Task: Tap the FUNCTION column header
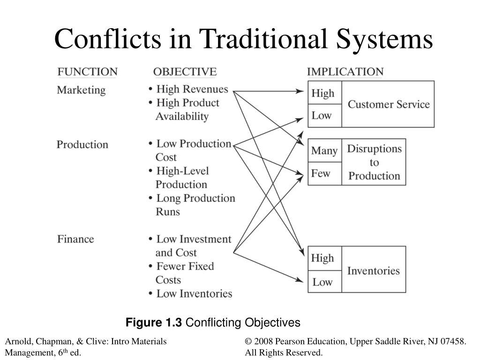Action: click(x=87, y=72)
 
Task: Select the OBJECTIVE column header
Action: click(x=185, y=72)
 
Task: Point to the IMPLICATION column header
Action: click(x=345, y=72)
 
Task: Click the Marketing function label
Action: click(x=81, y=90)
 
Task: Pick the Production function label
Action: click(x=82, y=144)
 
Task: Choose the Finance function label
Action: click(x=75, y=239)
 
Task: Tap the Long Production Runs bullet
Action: click(x=195, y=205)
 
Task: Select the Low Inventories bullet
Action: click(x=194, y=294)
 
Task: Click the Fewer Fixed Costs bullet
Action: click(x=185, y=273)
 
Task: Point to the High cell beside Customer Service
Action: click(x=322, y=93)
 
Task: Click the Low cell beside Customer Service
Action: click(x=322, y=115)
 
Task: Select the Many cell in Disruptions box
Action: click(x=324, y=150)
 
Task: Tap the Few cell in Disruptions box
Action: click(x=321, y=173)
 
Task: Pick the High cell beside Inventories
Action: click(x=322, y=258)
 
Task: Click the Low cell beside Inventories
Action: click(x=322, y=282)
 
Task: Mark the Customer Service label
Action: click(x=389, y=104)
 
